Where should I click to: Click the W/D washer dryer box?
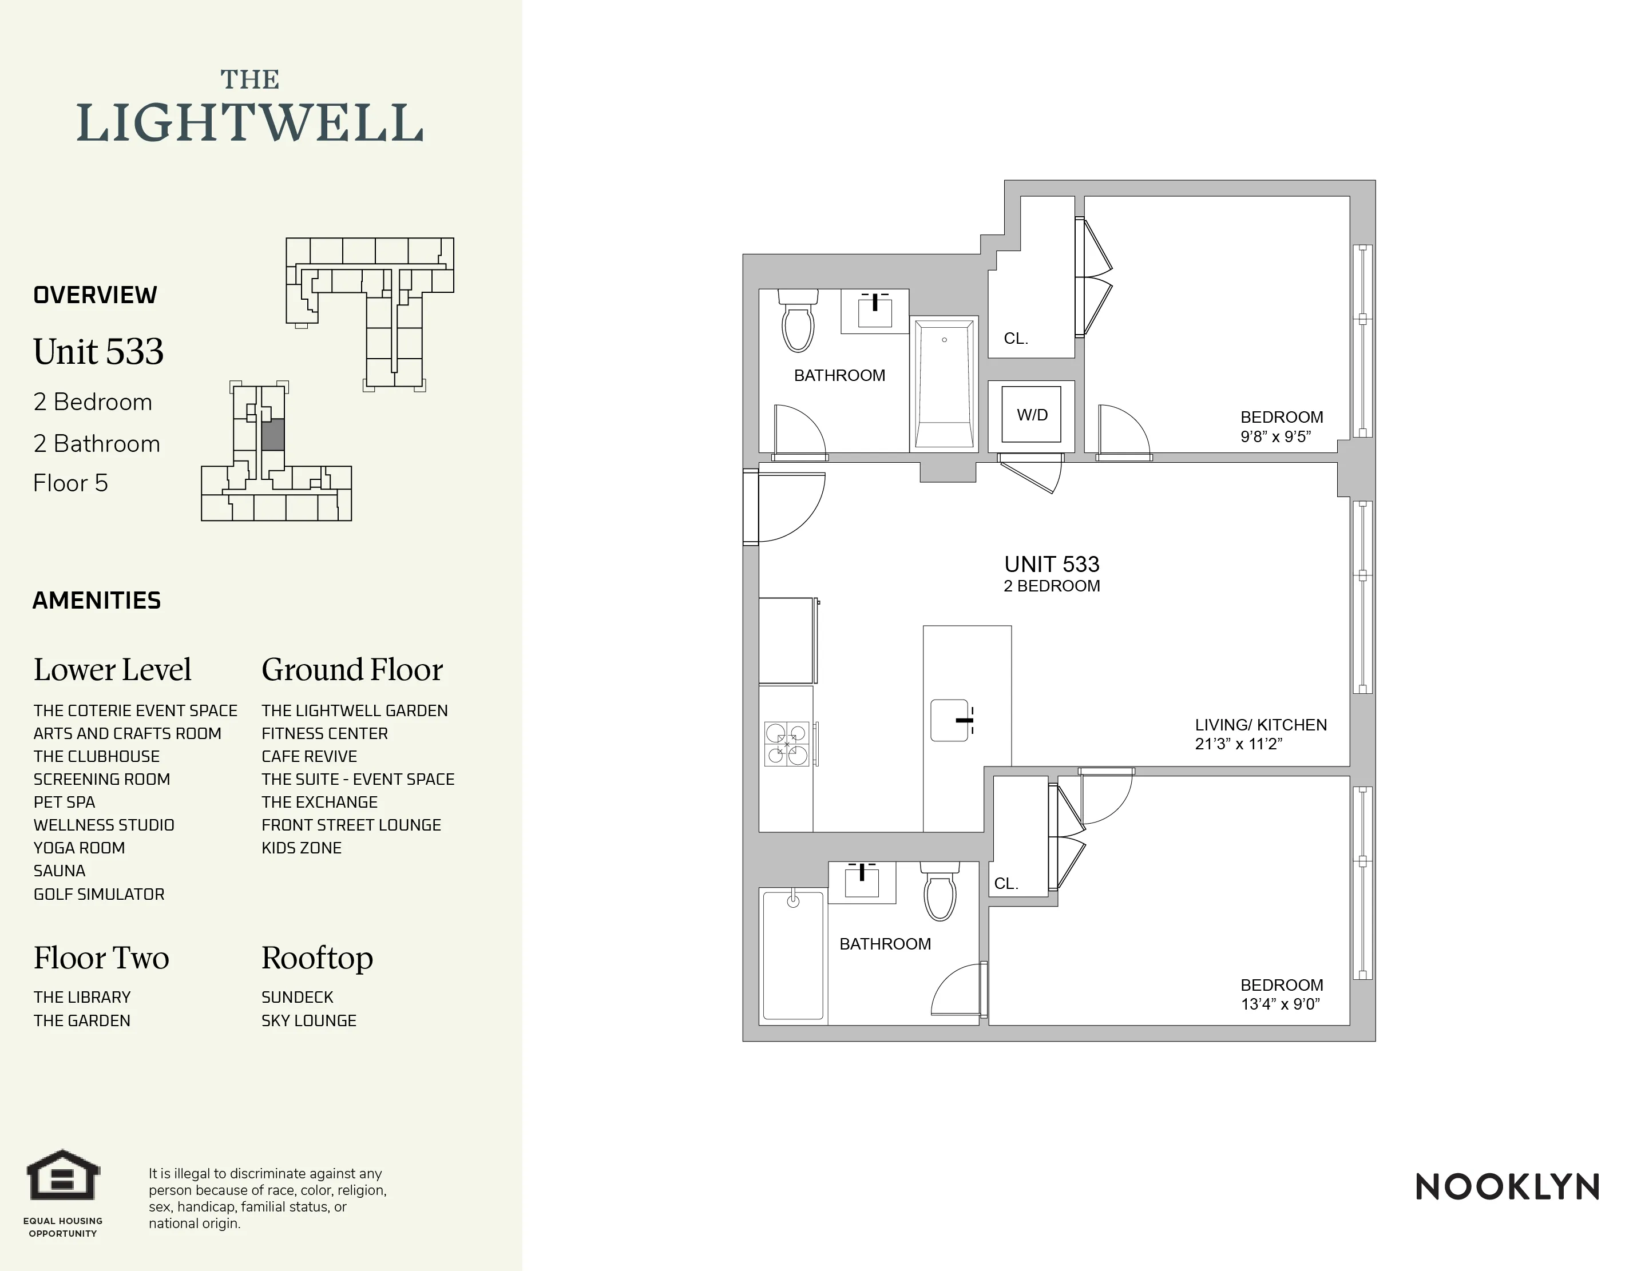click(1031, 414)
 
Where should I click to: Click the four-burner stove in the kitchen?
click(787, 744)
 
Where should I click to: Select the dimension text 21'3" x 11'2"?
click(1238, 744)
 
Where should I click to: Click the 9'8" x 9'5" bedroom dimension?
click(1276, 436)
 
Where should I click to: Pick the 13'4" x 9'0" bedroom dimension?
click(1281, 1004)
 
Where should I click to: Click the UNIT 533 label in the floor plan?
click(1052, 564)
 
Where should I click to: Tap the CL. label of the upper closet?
click(1015, 339)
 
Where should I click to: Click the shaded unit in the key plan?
click(273, 435)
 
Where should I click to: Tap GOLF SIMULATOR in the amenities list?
click(98, 895)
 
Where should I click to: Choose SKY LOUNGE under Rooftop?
click(309, 1021)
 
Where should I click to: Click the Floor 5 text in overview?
click(71, 483)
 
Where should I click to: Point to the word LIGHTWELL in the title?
click(249, 124)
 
